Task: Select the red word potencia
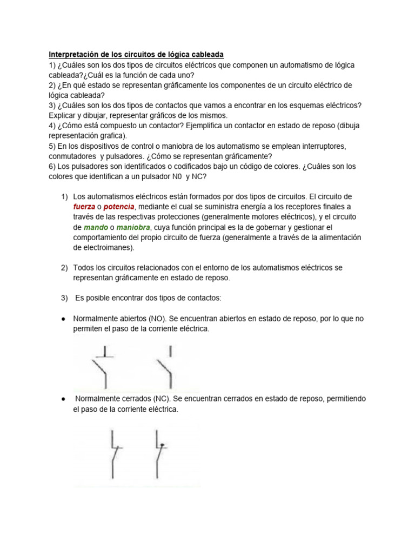[118, 207]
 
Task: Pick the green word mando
[95, 228]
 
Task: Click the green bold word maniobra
[132, 228]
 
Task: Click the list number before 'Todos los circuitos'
[64, 268]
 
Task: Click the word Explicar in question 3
[63, 115]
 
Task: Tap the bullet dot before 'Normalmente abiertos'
[63, 319]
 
